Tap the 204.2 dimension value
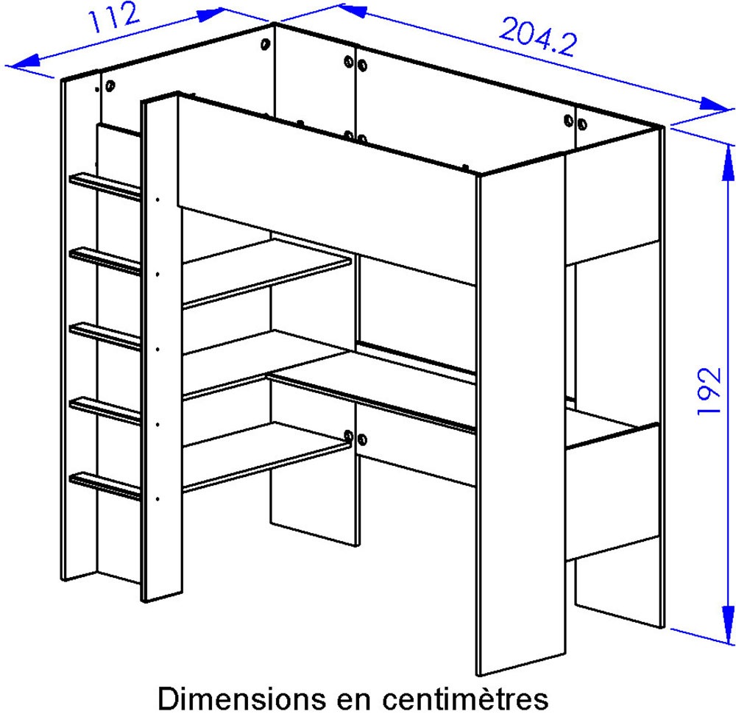pos(538,37)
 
